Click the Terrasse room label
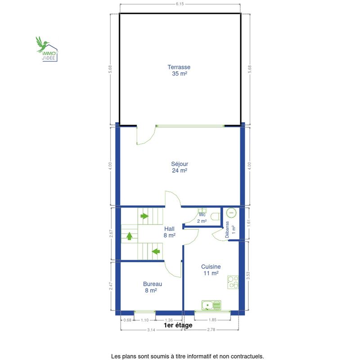pyautogui.click(x=179, y=70)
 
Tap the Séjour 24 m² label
pyautogui.click(x=180, y=167)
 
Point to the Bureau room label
pyautogui.click(x=153, y=287)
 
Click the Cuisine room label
pyautogui.click(x=211, y=270)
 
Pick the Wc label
pyautogui.click(x=202, y=215)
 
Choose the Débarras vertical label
pyautogui.click(x=227, y=229)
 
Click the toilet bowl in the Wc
pyautogui.click(x=215, y=216)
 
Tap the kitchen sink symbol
pyautogui.click(x=211, y=305)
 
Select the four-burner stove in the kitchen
pyautogui.click(x=233, y=282)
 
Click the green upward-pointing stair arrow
pyautogui.click(x=130, y=236)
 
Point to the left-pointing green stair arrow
pyautogui.click(x=156, y=252)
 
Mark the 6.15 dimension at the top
pyautogui.click(x=180, y=4)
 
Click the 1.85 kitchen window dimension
pyautogui.click(x=212, y=319)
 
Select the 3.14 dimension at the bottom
pyautogui.click(x=151, y=330)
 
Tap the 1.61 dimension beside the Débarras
pyautogui.click(x=249, y=223)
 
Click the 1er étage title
pyautogui.click(x=178, y=325)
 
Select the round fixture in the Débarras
pyautogui.click(x=231, y=213)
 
